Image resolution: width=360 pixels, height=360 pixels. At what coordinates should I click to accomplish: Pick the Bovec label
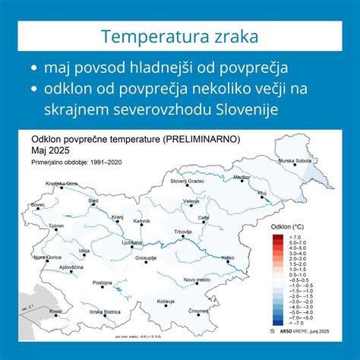(x=38, y=204)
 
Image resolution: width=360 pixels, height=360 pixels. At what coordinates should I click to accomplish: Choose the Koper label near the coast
(x=56, y=311)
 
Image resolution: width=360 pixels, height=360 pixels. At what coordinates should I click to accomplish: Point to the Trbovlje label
(x=183, y=231)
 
